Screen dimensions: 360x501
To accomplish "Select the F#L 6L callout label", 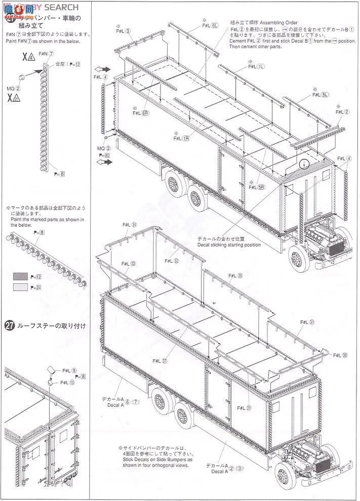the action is (x=210, y=25).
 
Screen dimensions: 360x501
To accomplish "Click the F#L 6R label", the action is (x=140, y=113).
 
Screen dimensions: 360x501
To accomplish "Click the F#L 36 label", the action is (x=236, y=276).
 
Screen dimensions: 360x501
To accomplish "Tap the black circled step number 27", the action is (x=9, y=326).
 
